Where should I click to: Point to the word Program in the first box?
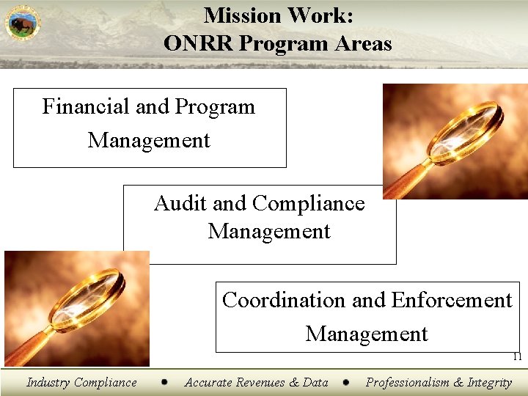(215, 107)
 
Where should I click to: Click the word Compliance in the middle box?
(308, 203)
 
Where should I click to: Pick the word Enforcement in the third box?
(452, 300)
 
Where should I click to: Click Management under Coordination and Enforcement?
(367, 334)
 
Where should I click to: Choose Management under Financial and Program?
(149, 140)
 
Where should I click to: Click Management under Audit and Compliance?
(269, 232)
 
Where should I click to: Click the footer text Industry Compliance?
(81, 382)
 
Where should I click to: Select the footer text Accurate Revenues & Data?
(256, 382)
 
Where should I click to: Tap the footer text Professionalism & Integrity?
(439, 382)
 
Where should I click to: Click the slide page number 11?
(517, 357)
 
